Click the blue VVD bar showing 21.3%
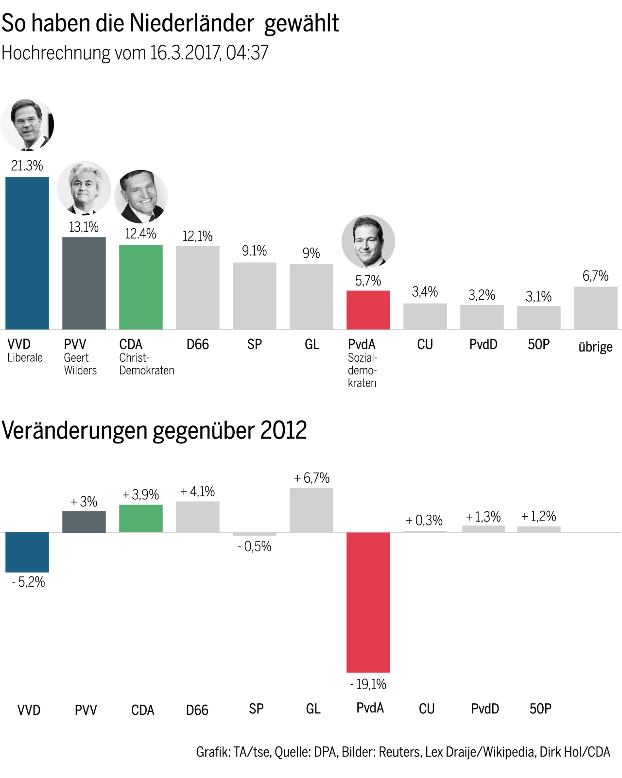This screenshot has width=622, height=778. coord(27,253)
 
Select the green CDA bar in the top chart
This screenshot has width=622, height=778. coord(141,287)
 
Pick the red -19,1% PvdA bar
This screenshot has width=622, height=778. coord(368,602)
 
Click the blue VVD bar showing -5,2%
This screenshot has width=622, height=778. coord(27,552)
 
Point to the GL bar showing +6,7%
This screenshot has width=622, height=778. coord(311,510)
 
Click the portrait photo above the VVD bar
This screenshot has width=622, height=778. coord(27,125)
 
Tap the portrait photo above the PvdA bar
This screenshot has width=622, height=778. coord(368,241)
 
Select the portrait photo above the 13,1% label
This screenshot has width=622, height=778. coord(84,188)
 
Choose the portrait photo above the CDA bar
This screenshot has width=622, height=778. coord(141,196)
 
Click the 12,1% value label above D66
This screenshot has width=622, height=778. coord(197,237)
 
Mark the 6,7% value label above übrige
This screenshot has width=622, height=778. coord(595,276)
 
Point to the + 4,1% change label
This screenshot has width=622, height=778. coord(197,491)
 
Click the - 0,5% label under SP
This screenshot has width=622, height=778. coord(254,547)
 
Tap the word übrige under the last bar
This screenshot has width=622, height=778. coord(595,347)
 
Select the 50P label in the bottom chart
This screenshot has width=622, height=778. coord(540,709)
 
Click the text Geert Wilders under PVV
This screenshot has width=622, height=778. coord(80,364)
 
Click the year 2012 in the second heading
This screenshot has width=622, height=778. coord(283,430)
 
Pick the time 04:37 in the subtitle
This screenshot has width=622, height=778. coord(247,53)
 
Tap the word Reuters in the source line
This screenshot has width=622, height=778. coord(399,752)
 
